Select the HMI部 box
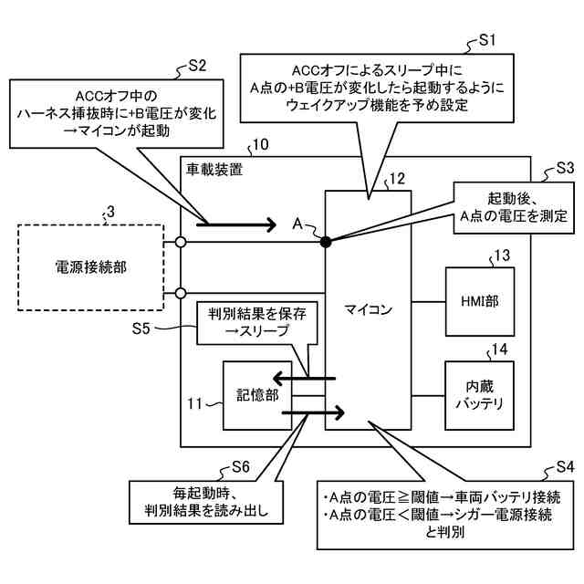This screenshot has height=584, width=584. [474, 300]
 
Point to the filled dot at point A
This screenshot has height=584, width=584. [326, 241]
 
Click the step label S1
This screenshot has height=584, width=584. [487, 40]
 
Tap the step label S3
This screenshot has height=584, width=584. [565, 168]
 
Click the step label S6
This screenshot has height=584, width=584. [240, 465]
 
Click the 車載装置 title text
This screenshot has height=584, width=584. [214, 170]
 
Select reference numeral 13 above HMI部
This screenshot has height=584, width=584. [502, 255]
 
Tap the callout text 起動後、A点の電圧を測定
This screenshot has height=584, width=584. [514, 207]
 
